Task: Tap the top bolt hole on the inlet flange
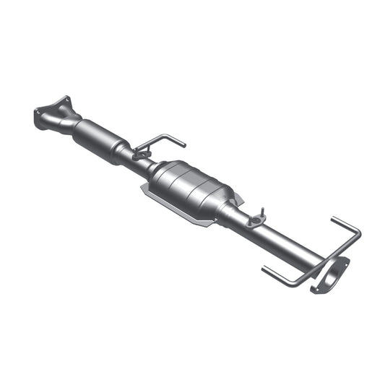coord(66,100)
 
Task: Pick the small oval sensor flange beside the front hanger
coord(140,153)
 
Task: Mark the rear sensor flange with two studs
coord(254,220)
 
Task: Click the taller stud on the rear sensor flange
coord(261,212)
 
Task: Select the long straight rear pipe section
coord(289,242)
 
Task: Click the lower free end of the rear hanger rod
coord(264,270)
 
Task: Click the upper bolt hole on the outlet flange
coord(345,261)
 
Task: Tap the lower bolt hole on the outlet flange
coord(315,290)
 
